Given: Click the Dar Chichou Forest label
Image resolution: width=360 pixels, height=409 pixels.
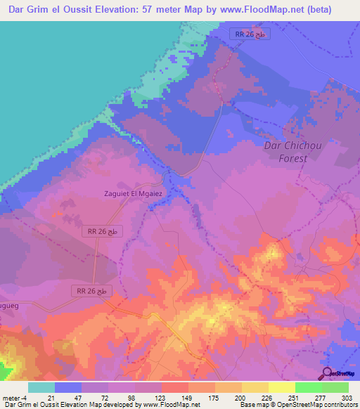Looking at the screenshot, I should coord(285,152).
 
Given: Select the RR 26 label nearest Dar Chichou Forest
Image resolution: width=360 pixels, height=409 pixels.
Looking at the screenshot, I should coord(250,34).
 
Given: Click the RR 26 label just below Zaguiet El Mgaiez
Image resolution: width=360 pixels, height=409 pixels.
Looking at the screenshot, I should coord(103,231).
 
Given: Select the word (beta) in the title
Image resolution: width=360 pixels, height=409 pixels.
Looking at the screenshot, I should coord(331,10).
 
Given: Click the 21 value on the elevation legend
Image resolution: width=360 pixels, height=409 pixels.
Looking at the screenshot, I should coord(51,398).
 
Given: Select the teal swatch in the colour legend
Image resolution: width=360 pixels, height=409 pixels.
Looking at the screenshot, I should coord(41,387).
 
